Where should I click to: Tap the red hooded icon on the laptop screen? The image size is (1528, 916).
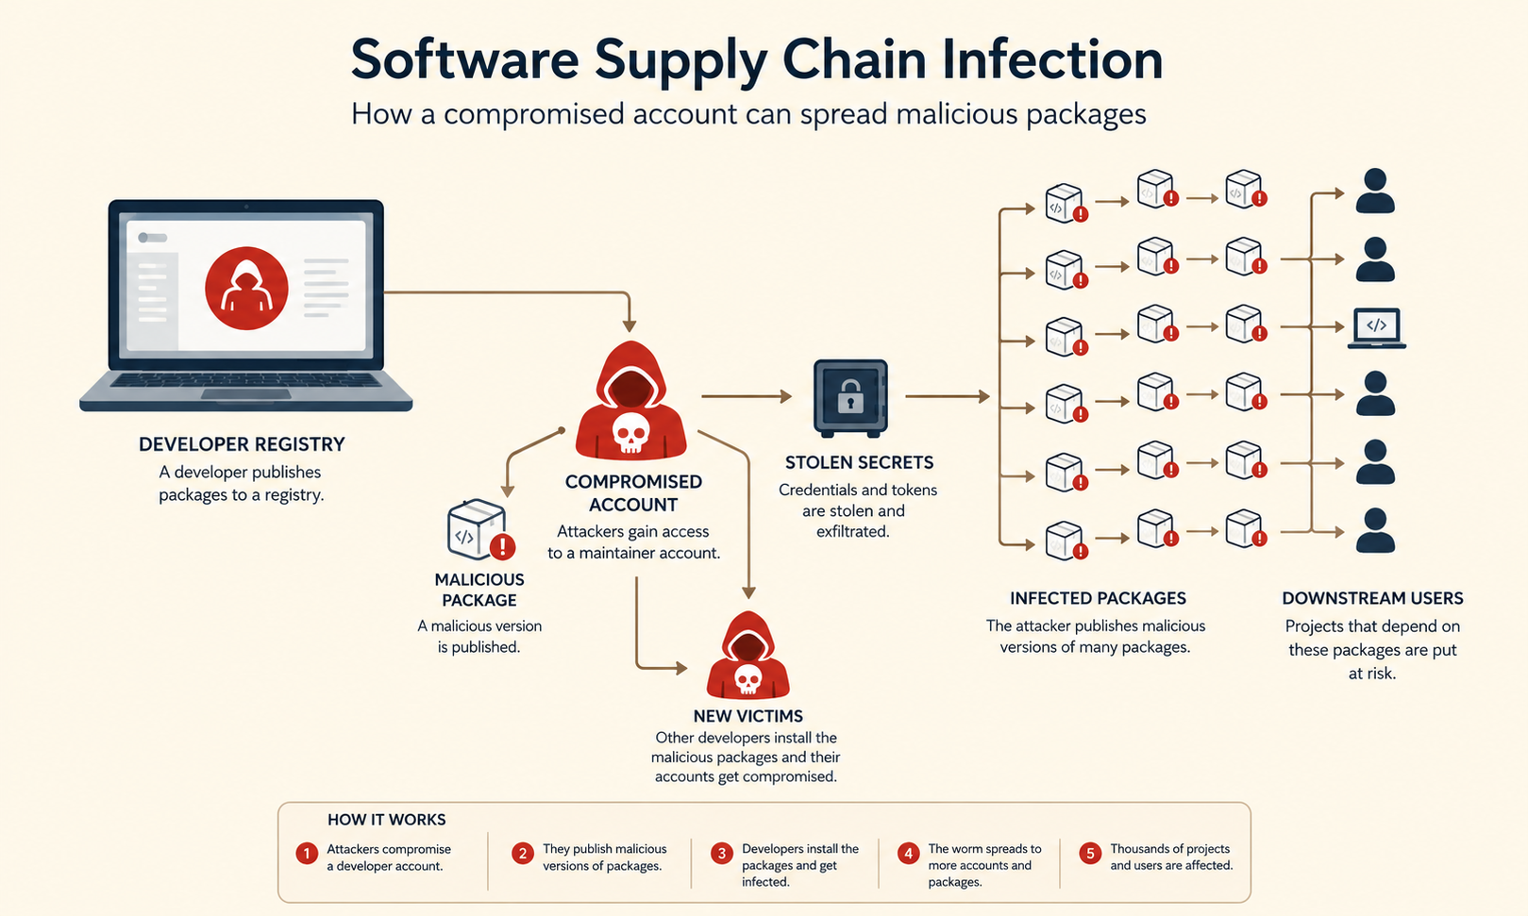246,288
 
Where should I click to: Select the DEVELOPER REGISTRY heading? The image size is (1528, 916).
242,444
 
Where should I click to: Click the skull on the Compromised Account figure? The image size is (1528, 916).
630,432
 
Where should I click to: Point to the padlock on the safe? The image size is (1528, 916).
850,396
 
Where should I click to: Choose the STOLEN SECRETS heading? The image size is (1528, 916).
859,462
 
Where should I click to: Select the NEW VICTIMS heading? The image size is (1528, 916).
747,715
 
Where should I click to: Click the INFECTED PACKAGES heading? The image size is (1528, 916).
1098,598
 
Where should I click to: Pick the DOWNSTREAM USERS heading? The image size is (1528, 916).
1372,598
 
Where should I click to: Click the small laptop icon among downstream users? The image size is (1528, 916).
1377,328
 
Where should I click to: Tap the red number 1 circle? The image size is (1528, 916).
307,853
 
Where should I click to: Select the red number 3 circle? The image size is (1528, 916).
722,853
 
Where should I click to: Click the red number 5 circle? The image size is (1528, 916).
1090,853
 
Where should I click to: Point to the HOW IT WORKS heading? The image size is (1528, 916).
386,819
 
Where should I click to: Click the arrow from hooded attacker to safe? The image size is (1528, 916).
747,395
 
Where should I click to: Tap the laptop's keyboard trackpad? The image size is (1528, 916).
245,394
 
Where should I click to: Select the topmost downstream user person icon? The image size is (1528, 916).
1375,191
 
